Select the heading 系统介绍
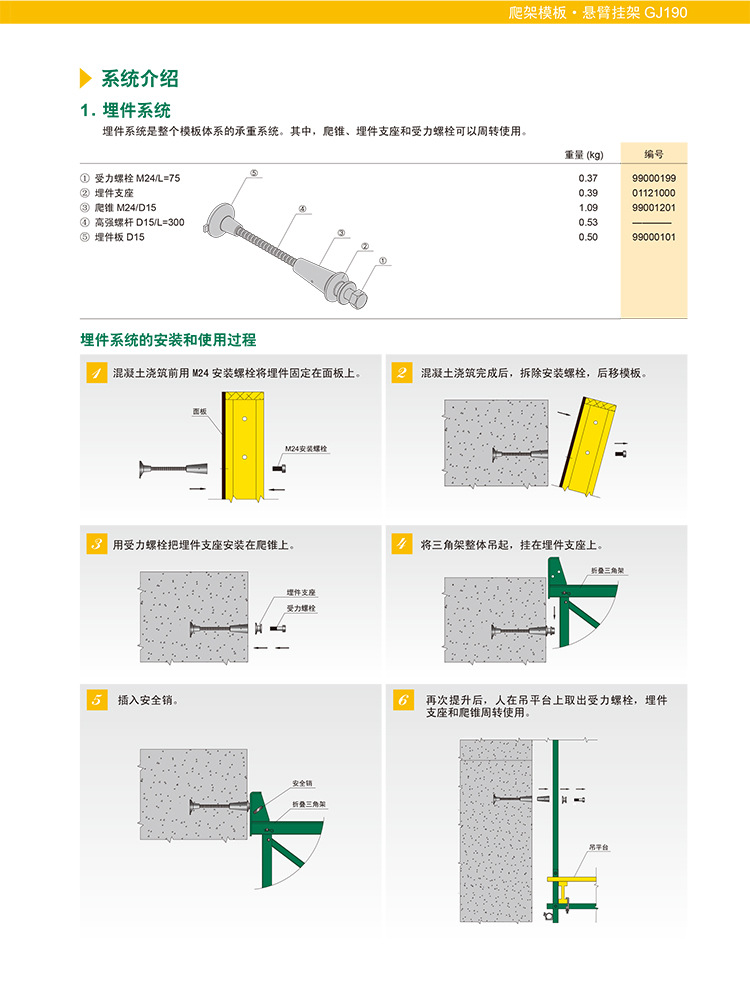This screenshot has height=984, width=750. coord(139,80)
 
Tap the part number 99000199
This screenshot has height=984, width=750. coord(654,178)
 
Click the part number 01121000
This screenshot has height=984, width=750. coord(654,192)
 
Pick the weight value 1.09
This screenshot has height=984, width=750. coord(588,207)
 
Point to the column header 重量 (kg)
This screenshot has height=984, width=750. coord(584,155)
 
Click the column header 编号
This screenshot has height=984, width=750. coord(653,155)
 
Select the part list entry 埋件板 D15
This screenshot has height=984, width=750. coord(112,237)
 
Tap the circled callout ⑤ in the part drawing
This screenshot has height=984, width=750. coord(254,173)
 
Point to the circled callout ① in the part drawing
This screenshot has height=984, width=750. coord(384,260)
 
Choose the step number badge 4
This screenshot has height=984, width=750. coord(402,545)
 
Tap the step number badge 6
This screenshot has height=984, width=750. coord(402,700)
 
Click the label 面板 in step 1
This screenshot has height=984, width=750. coord(200,411)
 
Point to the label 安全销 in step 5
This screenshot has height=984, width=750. coord(302,782)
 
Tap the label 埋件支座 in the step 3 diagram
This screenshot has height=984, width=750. coord(301,593)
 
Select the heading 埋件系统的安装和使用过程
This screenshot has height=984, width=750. coord(168,340)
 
